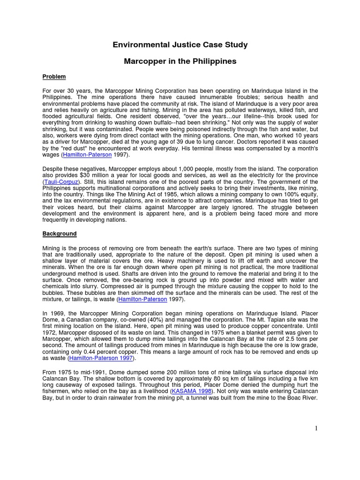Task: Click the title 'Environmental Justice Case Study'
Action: [180, 45]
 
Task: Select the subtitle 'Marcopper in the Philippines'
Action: [180, 61]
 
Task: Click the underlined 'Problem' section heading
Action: [54, 77]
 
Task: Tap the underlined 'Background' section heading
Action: [60, 233]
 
